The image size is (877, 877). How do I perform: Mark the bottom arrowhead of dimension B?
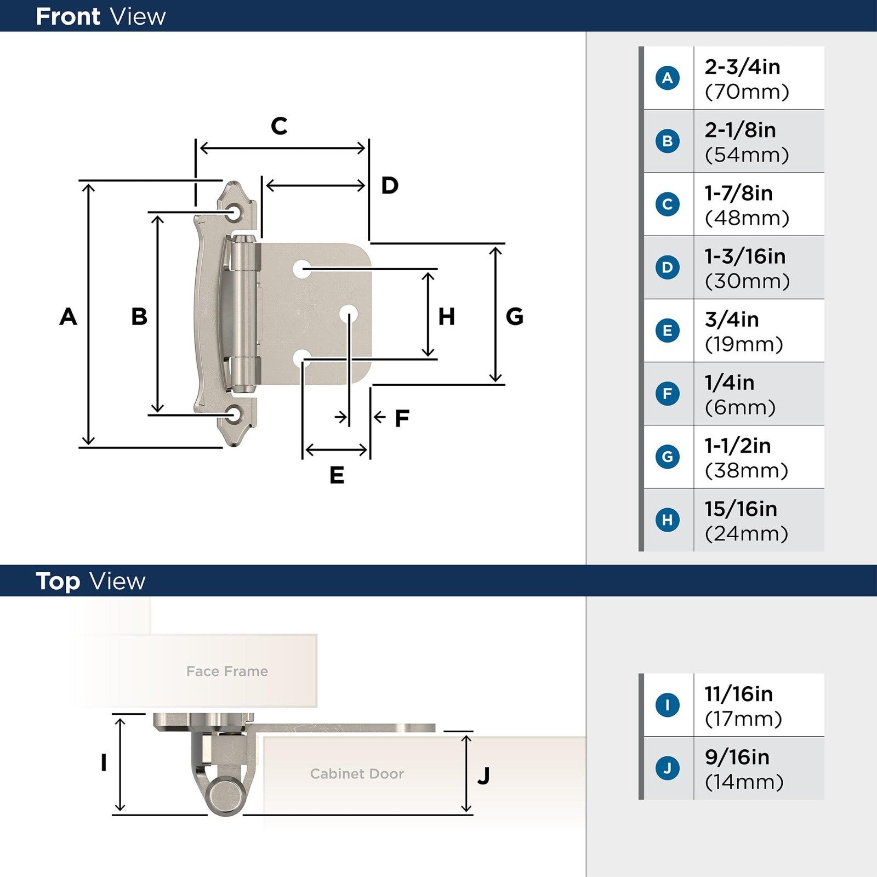157,408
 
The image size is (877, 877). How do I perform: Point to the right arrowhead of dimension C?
361,148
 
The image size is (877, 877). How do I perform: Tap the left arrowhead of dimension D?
270,186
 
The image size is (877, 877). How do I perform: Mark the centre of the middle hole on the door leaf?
349,314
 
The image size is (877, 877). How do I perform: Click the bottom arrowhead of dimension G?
496,378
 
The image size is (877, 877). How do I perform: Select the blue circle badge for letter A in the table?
668,78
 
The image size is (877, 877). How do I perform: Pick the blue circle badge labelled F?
668,394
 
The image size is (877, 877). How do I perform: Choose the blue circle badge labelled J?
668,768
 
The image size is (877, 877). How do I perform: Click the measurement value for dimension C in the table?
747,205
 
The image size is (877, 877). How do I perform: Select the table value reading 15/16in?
741,509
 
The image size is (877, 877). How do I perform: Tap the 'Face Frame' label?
227,671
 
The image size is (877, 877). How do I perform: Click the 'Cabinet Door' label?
357,773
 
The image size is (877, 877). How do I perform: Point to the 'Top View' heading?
90,582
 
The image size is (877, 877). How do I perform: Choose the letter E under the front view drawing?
337,475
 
